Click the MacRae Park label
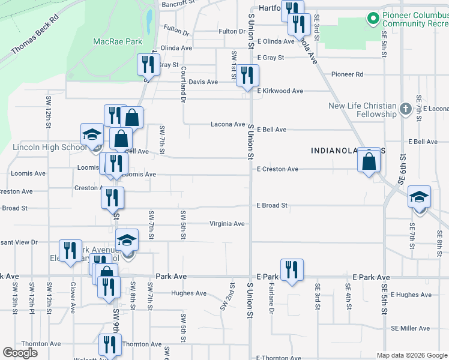[118, 41]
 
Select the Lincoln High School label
[49, 147]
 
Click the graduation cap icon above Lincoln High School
[92, 134]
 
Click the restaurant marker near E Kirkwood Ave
[247, 76]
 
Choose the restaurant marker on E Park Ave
[292, 270]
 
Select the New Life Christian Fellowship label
[362, 110]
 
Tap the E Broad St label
[272, 205]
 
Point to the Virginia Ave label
[227, 224]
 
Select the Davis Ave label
[203, 82]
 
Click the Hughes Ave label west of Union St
[188, 293]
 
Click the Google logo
[20, 353]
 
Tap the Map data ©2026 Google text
[411, 355]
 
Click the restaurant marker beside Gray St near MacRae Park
[148, 64]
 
